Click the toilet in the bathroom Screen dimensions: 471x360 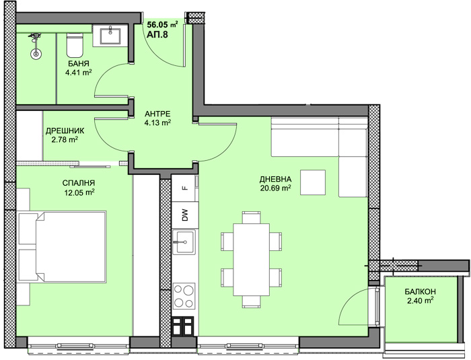point(75,45)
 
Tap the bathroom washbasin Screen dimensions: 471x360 point(110,36)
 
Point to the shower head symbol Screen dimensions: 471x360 point(36,45)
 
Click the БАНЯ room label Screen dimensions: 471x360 point(79,64)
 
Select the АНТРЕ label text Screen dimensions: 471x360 point(157,114)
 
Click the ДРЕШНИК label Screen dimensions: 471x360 point(65,131)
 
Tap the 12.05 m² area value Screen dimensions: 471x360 point(79,192)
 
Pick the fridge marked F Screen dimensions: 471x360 point(185,188)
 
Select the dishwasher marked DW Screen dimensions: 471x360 point(185,215)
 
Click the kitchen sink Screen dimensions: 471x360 point(184,242)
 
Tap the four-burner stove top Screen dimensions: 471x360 point(184,295)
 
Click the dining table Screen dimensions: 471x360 point(251,260)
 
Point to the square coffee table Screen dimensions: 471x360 point(313,182)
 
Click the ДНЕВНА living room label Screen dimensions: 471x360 point(275,180)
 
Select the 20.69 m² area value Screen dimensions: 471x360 point(275,188)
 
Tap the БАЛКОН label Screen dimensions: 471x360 point(421,291)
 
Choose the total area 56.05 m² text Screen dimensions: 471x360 point(163,24)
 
